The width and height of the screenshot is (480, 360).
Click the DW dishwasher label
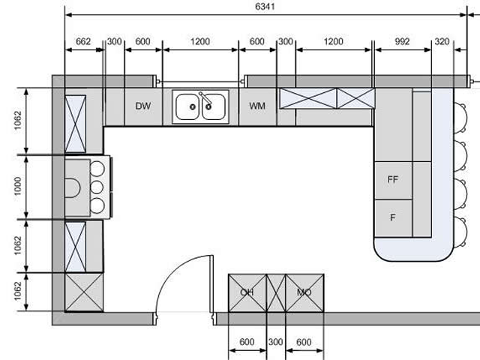pyautogui.click(x=143, y=106)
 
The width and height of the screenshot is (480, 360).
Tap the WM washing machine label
pyautogui.click(x=257, y=106)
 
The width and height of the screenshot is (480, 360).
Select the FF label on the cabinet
pyautogui.click(x=393, y=179)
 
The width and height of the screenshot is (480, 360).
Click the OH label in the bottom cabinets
pyautogui.click(x=247, y=292)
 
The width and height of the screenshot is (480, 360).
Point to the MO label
pyautogui.click(x=304, y=292)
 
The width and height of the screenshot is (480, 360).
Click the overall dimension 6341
pyautogui.click(x=265, y=7)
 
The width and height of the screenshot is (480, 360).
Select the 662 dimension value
pyautogui.click(x=83, y=41)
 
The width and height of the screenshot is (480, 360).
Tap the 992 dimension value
pyautogui.click(x=402, y=41)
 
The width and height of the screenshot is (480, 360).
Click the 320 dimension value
pyautogui.click(x=442, y=41)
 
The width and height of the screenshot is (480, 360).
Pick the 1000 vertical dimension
pyautogui.click(x=18, y=186)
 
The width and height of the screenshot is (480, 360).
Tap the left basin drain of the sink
pyautogui.click(x=193, y=106)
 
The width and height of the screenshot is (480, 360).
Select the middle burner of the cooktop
pyautogui.click(x=97, y=187)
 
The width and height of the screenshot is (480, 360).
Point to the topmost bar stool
pyautogui.click(x=460, y=118)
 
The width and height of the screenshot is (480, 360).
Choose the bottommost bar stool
pyautogui.click(x=460, y=232)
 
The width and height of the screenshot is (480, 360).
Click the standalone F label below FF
pyautogui.click(x=393, y=217)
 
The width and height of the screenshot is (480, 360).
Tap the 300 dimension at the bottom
pyautogui.click(x=275, y=342)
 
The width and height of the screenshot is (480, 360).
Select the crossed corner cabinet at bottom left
pyautogui.click(x=84, y=292)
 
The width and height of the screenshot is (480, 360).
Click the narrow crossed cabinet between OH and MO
pyautogui.click(x=276, y=293)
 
